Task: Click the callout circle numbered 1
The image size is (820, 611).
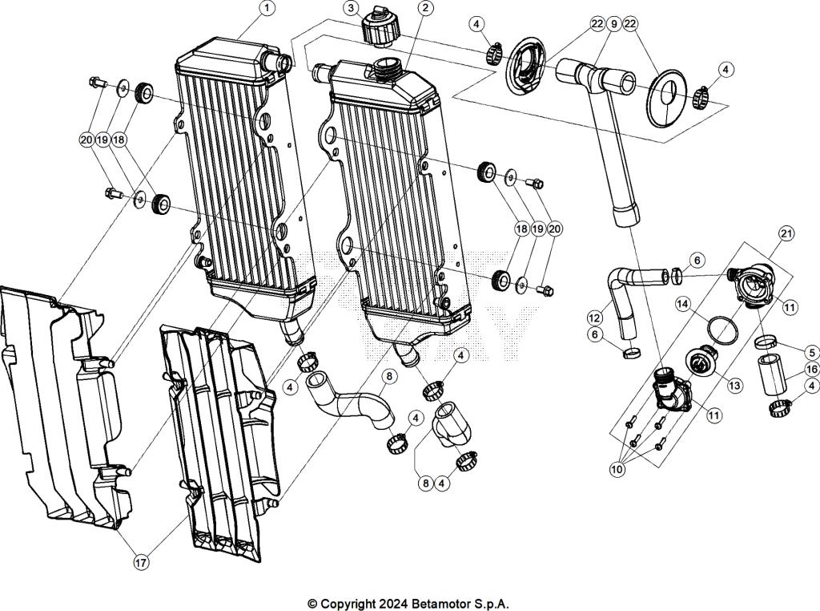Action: pos(267,8)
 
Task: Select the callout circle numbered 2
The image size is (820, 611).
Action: pos(424,8)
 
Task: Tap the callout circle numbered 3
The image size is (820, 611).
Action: pos(351,8)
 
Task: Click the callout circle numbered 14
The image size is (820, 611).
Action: pos(683,304)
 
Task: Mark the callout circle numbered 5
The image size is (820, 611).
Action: pos(811,352)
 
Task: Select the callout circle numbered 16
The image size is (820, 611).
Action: pos(811,369)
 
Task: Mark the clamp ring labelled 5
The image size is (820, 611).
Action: pos(769,343)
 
